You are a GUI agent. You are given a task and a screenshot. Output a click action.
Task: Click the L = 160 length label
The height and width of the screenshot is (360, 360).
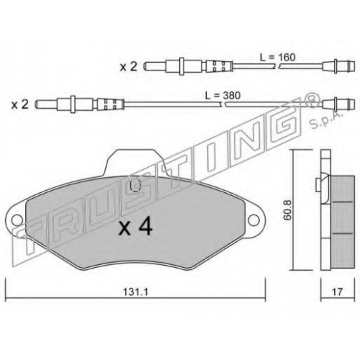coord(277,58)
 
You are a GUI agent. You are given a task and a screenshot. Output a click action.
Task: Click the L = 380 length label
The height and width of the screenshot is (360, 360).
coord(222,96)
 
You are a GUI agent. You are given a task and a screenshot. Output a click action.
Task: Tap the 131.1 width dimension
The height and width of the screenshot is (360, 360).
coord(135,292)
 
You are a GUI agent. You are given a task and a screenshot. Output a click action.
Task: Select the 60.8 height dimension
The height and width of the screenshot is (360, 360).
coord(287,210)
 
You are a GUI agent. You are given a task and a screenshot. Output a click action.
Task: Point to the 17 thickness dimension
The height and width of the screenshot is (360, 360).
coord(337,292)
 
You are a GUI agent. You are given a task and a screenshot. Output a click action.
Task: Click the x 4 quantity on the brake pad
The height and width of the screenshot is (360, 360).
coord(135,228)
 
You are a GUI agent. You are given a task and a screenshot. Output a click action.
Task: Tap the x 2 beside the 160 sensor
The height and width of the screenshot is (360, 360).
coord(128,66)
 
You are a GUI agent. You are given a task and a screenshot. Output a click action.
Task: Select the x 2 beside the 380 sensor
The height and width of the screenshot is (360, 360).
coord(20,104)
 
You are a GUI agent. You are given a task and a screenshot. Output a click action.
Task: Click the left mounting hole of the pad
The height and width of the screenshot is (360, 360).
coord(17,220)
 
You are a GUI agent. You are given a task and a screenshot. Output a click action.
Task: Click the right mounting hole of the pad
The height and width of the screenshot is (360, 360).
coord(254,220)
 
